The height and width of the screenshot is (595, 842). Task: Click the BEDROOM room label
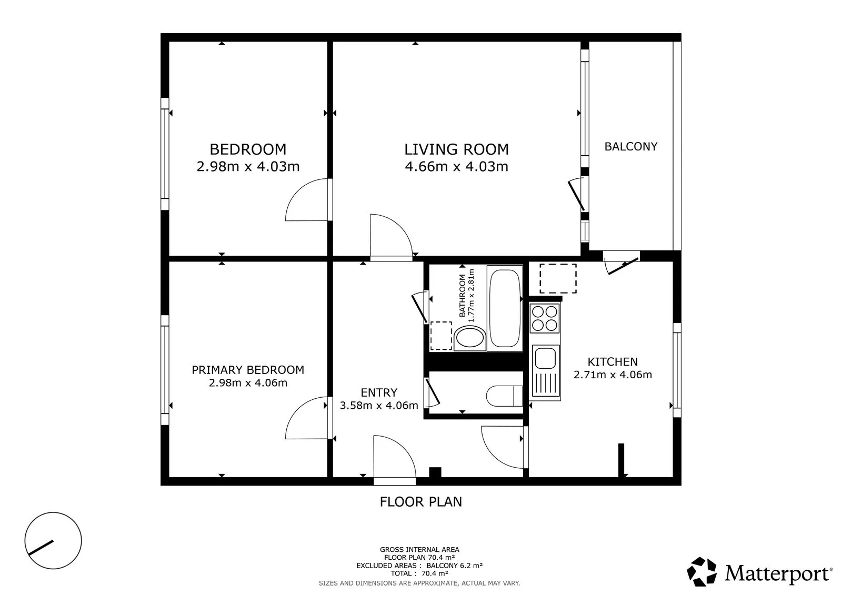[x=248, y=149]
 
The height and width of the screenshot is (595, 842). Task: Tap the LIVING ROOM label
[x=456, y=149]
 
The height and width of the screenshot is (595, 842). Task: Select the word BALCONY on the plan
[x=631, y=146]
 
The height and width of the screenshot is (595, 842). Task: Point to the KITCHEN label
[x=613, y=361]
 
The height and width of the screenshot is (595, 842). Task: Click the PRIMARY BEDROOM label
[x=248, y=370]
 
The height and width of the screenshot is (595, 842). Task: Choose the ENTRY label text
[x=379, y=392]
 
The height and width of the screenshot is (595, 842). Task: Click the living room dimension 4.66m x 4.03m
[x=456, y=166]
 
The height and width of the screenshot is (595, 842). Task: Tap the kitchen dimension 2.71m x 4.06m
[x=613, y=375]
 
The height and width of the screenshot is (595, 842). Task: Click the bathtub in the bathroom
[x=505, y=308]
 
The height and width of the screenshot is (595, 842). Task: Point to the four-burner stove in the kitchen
[x=544, y=318]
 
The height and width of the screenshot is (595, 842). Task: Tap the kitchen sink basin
[x=545, y=358]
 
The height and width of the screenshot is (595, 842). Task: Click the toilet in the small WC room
[x=504, y=396]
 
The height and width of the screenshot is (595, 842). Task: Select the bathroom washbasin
[x=470, y=338]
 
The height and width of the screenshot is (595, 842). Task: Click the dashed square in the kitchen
[x=558, y=278]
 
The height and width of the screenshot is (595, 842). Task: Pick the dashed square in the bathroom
[x=441, y=336]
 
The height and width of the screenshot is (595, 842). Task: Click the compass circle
[x=53, y=540]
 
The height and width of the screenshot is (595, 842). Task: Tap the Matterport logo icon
[x=701, y=572]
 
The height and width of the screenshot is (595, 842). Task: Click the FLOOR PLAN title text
[x=420, y=502]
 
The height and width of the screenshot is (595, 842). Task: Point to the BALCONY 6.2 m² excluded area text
[x=455, y=566]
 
